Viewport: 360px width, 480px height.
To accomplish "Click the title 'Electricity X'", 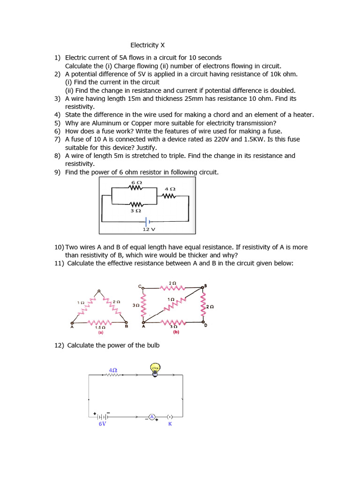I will coord(147,45).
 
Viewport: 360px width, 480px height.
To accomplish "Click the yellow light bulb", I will coord(155,369).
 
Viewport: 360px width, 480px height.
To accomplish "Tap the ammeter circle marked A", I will coord(151,416).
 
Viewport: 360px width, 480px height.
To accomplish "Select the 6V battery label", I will coord(102,424).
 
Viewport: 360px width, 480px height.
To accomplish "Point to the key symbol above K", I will coord(170,416).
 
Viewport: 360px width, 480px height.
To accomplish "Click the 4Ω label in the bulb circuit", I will coord(112,370).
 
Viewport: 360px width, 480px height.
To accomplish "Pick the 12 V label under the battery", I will coord(149,229).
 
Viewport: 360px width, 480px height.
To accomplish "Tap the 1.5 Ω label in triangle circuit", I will coord(99,328).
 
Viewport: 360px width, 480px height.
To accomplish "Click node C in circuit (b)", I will coord(140,286).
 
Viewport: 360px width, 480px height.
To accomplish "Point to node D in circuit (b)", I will coord(205,325).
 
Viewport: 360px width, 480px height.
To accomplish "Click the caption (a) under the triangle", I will coord(100,332).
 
